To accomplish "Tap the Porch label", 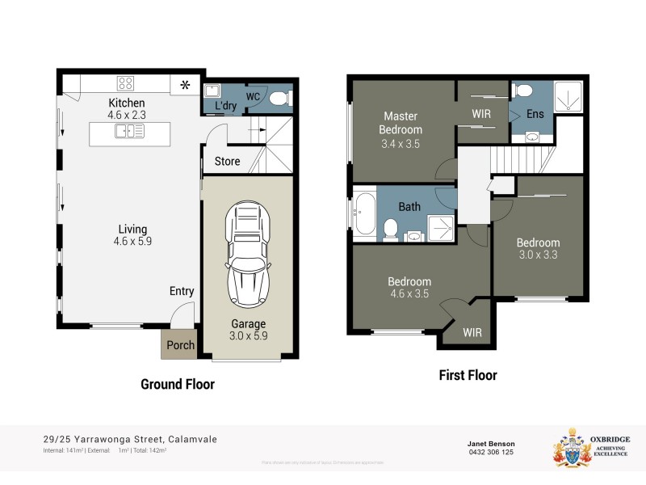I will coord(180,345).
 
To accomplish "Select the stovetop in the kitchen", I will coord(126,82).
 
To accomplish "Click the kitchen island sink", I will coord(128,132).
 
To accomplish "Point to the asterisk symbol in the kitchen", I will coord(185,85).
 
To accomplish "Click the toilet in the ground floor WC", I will coord(279,99).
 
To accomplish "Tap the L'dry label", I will coord(225,106).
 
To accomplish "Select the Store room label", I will coord(227,161).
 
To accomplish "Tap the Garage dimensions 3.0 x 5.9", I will coord(248,337).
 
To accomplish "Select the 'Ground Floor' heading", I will coord(178,384).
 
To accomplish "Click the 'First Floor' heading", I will coord(468,375).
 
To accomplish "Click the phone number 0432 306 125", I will coord(490,452).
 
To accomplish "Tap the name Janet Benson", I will coord(490,443).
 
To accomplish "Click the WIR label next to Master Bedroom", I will coord(481,114).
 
